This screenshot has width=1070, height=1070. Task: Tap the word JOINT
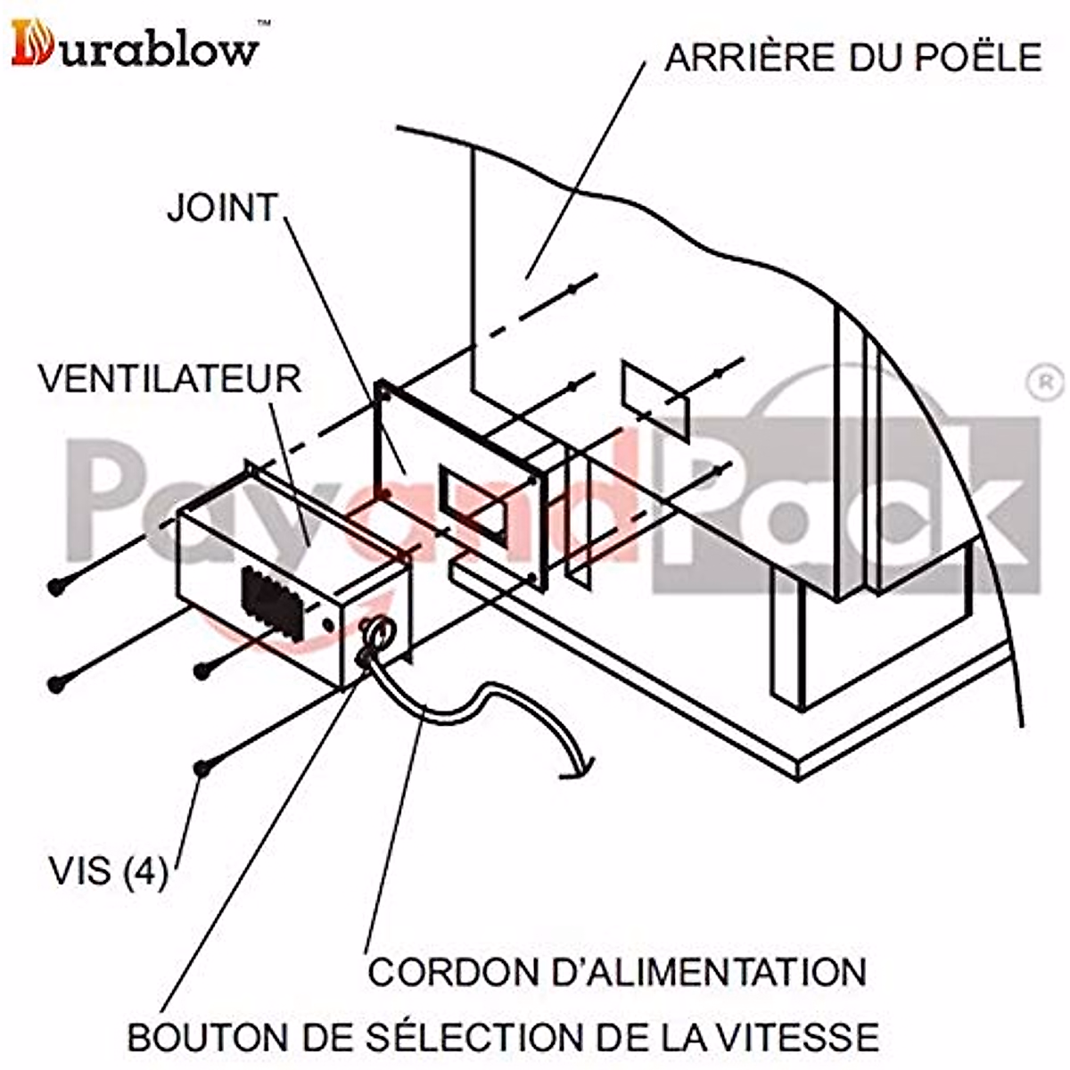223,208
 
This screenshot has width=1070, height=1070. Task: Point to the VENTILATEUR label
169,379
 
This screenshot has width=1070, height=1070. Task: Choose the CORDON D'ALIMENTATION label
617,971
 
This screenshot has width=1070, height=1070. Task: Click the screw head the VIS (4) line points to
203,767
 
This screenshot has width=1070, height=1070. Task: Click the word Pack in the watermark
856,508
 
